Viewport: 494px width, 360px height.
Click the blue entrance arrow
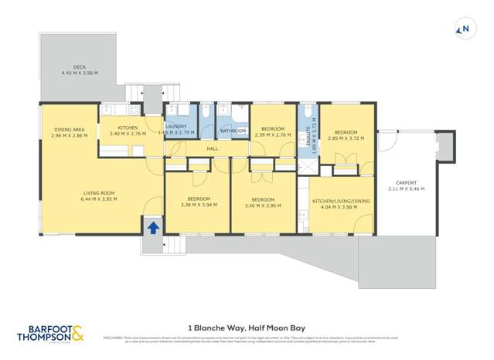pos(153,227)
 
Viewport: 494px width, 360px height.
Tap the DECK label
pos(80,67)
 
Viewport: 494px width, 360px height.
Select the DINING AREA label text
pos(69,129)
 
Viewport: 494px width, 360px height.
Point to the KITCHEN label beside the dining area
pos(128,127)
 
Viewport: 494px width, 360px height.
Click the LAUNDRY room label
pos(176,127)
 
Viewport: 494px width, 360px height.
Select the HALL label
pos(212,148)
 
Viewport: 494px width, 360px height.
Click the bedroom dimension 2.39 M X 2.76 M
pos(272,135)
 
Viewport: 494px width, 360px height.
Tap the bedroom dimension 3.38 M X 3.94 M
pos(198,205)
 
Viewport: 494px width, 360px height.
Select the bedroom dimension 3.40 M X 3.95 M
pos(262,205)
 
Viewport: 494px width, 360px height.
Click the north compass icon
pos(464,30)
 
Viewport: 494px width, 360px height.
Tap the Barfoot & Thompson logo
pos(50,332)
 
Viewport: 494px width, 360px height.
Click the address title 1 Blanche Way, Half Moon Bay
pos(247,326)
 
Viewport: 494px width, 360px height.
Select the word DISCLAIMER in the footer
pos(112,337)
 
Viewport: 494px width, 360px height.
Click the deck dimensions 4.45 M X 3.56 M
pos(80,73)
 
